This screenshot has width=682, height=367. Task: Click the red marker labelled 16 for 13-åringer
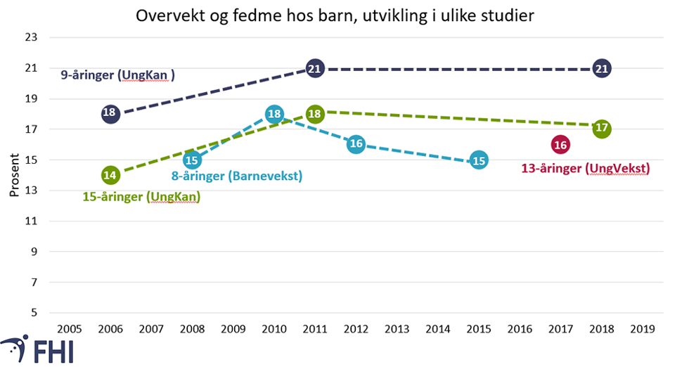click(560, 145)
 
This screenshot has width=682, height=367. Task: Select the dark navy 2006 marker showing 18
click(110, 113)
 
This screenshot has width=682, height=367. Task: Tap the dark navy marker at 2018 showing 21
click(601, 68)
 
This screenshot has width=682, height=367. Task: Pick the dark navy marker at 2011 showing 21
click(316, 68)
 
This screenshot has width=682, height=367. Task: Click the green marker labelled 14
click(110, 175)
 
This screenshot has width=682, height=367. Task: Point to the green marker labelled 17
click(601, 129)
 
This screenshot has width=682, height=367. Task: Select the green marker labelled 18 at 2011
click(316, 114)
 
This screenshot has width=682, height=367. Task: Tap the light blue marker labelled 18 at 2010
click(275, 114)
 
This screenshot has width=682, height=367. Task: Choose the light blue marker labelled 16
click(356, 144)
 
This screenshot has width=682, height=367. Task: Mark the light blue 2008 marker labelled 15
click(193, 160)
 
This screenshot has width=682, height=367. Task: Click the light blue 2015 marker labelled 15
click(478, 160)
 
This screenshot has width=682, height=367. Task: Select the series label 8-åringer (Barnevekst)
click(237, 176)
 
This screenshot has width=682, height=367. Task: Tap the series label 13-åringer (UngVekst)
click(584, 169)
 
